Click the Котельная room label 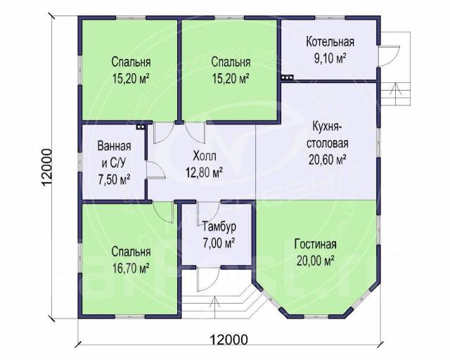tap(330, 42)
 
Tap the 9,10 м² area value tap(330, 59)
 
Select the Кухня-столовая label tap(328, 135)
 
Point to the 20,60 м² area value tap(328, 160)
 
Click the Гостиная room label tap(316, 245)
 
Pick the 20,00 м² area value tap(316, 262)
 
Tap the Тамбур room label tap(219, 226)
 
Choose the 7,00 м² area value tap(219, 243)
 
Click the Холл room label tap(205, 157)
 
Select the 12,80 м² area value tap(205, 173)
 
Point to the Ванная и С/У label tap(114, 155)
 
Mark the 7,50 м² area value tap(114, 180)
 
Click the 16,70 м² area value tap(131, 269)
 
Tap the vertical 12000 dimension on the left tap(47, 167)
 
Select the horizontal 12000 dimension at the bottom tap(229, 340)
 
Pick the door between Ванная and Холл tap(156, 170)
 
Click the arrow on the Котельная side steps tap(395, 91)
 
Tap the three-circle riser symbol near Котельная tap(287, 77)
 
